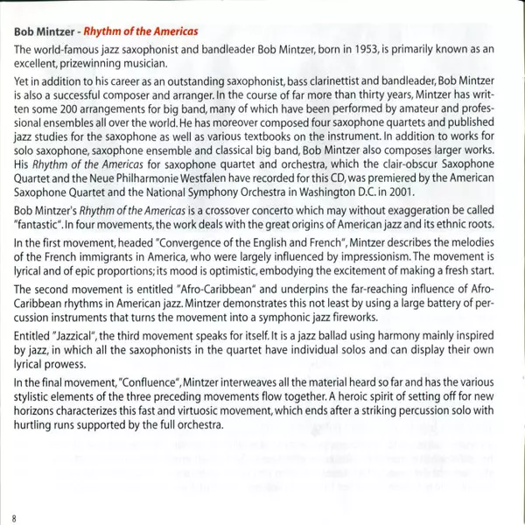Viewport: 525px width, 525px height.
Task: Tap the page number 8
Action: [x=15, y=517]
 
